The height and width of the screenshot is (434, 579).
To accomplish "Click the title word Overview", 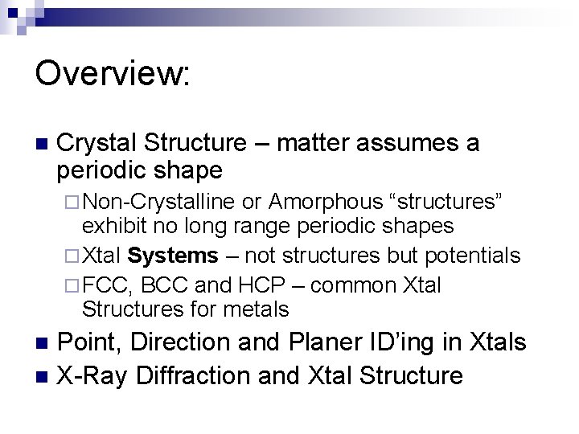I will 112,74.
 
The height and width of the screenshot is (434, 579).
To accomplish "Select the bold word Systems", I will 172,256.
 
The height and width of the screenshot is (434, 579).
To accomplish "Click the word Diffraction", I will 211,375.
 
